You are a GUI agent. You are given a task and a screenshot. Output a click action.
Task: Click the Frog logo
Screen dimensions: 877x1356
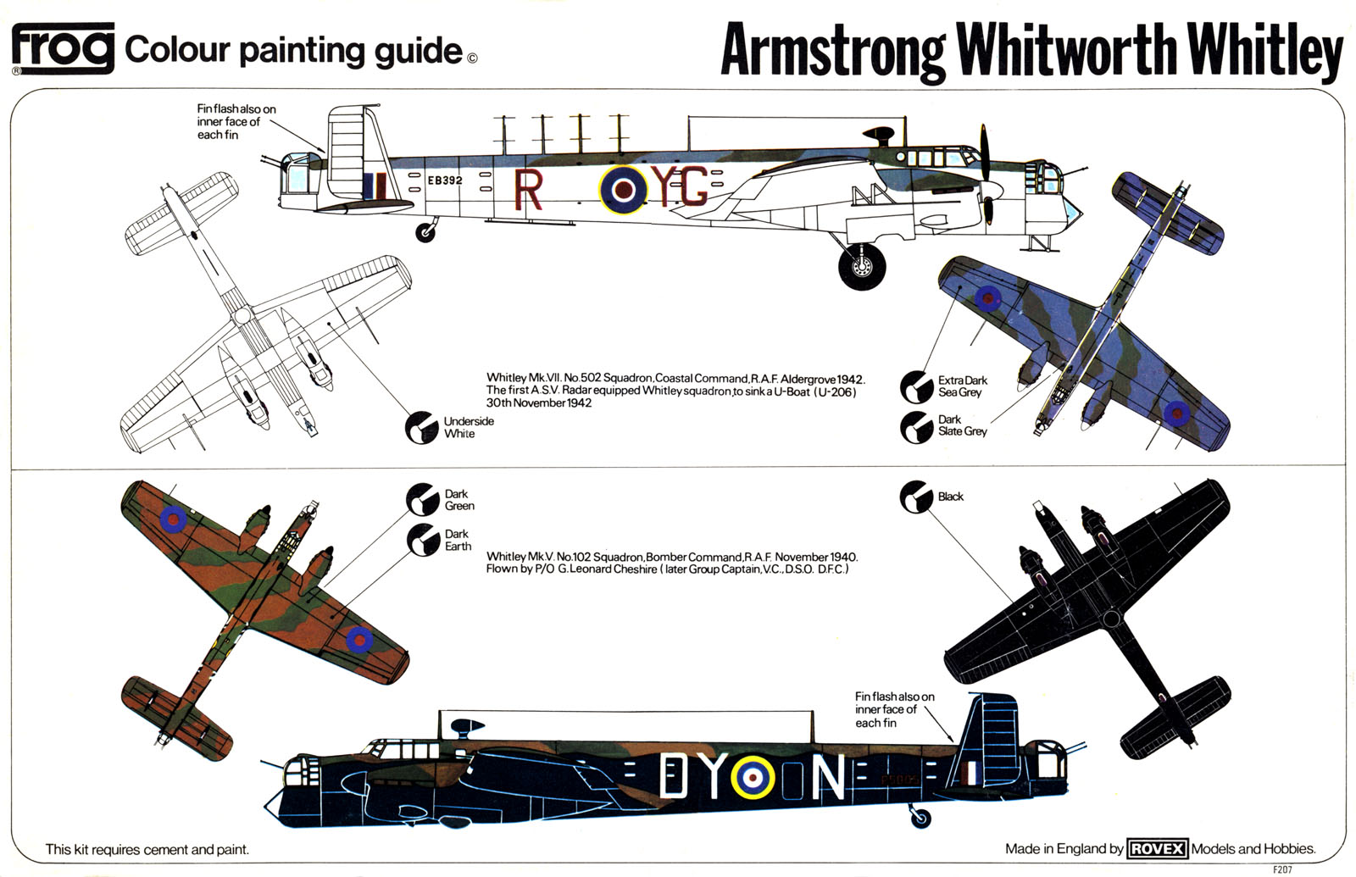tap(63, 48)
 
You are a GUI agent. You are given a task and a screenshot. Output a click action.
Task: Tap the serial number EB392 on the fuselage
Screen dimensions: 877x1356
tap(445, 180)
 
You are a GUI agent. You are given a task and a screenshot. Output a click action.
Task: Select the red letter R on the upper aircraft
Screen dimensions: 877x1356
tap(527, 191)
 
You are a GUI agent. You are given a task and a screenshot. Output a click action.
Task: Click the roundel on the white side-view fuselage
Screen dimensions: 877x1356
tap(624, 191)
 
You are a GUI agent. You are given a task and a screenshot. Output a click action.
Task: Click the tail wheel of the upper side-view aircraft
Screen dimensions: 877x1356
tap(425, 232)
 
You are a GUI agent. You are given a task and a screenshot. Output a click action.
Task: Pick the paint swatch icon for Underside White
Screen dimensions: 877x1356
tap(421, 428)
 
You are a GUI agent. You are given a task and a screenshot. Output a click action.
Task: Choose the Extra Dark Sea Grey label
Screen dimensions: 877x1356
tap(962, 386)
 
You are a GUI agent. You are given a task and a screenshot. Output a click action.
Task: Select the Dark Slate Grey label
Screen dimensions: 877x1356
tap(962, 425)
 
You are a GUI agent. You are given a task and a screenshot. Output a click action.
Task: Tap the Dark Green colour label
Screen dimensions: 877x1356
tap(458, 500)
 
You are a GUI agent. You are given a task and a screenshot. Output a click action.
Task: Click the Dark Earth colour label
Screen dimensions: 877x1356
tap(458, 540)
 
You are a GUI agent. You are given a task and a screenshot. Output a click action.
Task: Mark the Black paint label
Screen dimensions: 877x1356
tap(950, 497)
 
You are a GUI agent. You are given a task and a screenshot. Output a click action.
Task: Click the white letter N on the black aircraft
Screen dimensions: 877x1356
tap(828, 778)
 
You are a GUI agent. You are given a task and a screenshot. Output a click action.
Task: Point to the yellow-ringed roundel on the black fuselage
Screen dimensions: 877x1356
tap(752, 778)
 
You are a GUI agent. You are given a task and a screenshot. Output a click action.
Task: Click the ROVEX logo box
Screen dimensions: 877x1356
tap(1157, 848)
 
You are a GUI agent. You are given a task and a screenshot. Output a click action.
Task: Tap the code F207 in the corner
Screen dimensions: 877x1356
tap(1282, 869)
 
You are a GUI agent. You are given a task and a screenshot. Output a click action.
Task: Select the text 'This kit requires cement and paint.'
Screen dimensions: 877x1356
tap(147, 849)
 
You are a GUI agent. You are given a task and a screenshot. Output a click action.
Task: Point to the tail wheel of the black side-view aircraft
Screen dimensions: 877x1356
tap(920, 819)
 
